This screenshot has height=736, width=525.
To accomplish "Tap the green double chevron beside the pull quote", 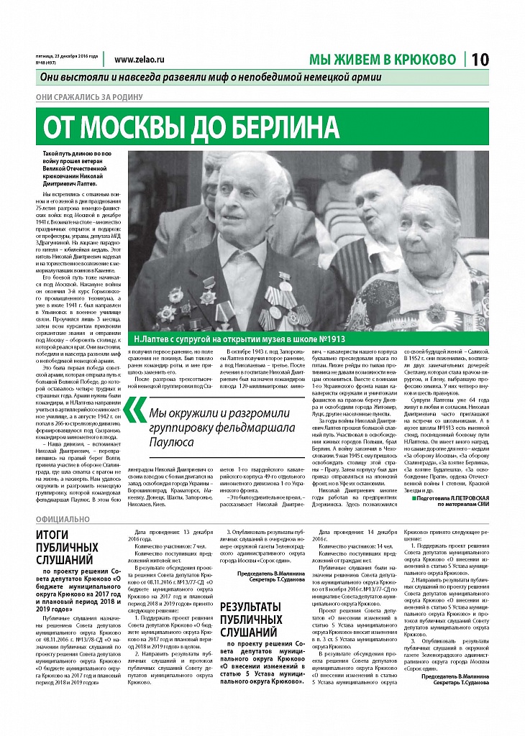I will pyautogui.click(x=133, y=410).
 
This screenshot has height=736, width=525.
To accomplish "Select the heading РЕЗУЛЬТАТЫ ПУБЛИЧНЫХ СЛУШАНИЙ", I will pyautogui.click(x=251, y=621).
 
